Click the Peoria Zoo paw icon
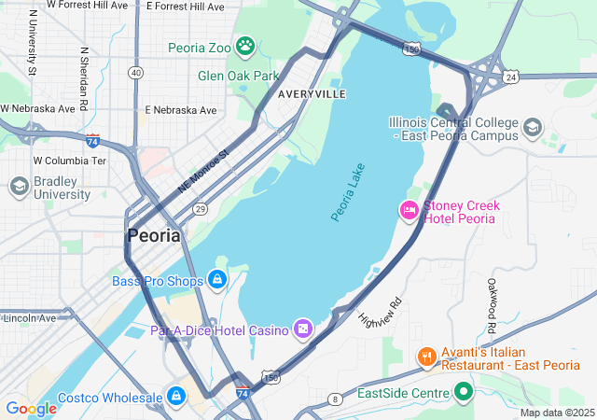click(244, 46)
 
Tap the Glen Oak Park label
click(238, 76)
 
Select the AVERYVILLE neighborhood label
click(312, 95)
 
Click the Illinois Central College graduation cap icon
click(532, 127)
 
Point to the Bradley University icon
click(19, 187)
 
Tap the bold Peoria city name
click(154, 236)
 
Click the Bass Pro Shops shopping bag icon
click(216, 279)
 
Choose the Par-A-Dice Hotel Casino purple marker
click(303, 329)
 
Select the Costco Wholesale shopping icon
click(175, 397)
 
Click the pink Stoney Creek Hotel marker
click(409, 211)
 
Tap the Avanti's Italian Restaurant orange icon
click(426, 357)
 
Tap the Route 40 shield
click(136, 72)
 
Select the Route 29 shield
click(201, 209)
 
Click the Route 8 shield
click(335, 399)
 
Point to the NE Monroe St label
click(202, 172)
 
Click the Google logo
click(31, 408)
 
